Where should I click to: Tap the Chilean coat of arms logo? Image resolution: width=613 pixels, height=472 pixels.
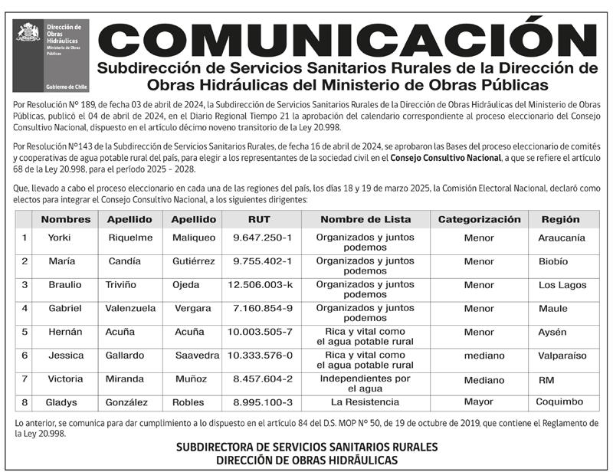click(28, 32)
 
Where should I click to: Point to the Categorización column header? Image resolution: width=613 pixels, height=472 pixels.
click(479, 219)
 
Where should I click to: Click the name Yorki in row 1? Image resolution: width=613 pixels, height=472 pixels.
click(60, 238)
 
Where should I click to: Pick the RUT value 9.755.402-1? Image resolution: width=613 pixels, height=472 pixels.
click(262, 261)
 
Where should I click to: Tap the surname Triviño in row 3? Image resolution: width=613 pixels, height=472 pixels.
click(120, 285)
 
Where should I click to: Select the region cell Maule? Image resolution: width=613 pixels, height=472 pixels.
click(553, 309)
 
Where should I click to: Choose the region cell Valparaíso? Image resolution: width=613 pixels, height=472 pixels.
click(562, 356)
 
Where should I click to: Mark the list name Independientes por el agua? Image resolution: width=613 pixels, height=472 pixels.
click(366, 384)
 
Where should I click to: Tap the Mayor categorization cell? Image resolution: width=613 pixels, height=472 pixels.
click(479, 402)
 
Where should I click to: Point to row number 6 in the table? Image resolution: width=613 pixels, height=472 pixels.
click(25, 356)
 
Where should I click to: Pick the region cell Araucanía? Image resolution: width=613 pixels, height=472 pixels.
click(562, 238)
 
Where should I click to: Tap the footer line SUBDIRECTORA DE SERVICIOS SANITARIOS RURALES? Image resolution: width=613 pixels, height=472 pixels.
click(306, 447)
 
